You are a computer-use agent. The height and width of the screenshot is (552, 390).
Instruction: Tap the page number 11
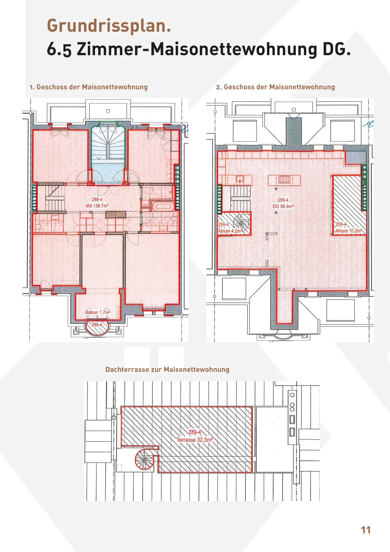[366, 530]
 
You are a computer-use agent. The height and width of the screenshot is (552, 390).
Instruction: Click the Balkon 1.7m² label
[98, 312]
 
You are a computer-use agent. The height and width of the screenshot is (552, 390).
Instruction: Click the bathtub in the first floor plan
[162, 207]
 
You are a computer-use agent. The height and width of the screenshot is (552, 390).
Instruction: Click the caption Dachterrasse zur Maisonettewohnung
[167, 369]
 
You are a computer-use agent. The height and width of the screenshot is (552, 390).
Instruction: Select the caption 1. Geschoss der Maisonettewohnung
[89, 87]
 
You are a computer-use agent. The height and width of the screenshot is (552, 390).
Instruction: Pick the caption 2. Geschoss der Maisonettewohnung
[275, 87]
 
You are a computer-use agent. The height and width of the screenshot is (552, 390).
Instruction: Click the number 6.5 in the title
[59, 49]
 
